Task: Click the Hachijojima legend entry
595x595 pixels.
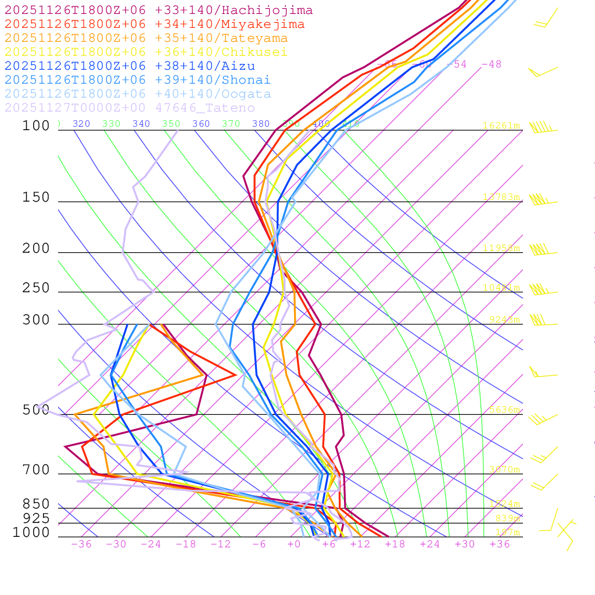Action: coord(158,10)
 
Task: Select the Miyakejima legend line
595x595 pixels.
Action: coord(154,24)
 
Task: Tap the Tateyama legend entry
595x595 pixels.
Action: coord(146,38)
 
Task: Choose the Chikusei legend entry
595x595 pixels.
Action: coord(145,52)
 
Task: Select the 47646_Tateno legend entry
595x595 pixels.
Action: coord(130,108)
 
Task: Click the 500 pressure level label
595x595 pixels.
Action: coord(36,410)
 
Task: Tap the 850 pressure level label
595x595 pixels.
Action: coord(36,504)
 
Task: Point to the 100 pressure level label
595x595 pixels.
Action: coord(36,126)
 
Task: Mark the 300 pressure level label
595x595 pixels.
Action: coord(36,320)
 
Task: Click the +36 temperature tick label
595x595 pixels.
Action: coord(500,544)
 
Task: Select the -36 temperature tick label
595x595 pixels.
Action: coord(81,544)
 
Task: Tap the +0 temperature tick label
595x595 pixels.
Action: coord(294,544)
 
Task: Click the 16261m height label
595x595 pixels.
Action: coord(501,126)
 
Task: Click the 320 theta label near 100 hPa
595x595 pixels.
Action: coord(81,124)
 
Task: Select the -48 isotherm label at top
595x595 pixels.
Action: coord(492,64)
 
